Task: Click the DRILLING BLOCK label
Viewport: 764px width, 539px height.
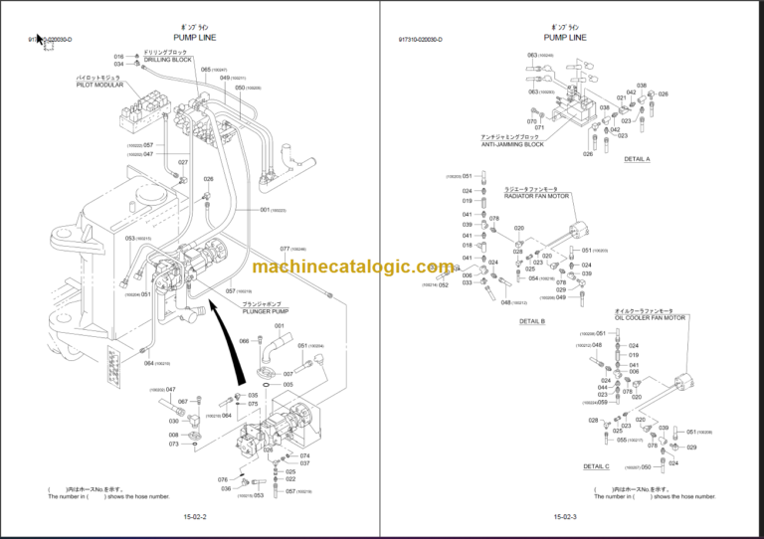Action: (x=167, y=60)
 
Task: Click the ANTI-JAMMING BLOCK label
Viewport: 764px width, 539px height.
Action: (x=512, y=145)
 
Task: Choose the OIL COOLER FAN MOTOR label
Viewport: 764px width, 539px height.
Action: (x=651, y=317)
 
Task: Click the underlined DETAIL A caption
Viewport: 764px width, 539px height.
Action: (x=636, y=159)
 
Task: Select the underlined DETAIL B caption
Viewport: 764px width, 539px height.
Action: (x=532, y=321)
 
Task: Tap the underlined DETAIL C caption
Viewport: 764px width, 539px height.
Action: (x=596, y=465)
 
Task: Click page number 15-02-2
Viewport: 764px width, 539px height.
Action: (x=195, y=517)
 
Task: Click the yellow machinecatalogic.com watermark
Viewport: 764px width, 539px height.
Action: (x=352, y=267)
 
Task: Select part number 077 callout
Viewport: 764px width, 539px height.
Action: (x=285, y=249)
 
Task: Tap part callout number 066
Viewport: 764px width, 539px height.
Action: (x=245, y=341)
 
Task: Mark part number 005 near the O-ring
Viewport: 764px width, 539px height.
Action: (x=287, y=384)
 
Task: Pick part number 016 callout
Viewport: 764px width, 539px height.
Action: (x=119, y=57)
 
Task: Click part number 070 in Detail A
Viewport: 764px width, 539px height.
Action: (x=532, y=121)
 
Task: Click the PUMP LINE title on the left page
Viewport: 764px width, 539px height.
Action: (x=195, y=37)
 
